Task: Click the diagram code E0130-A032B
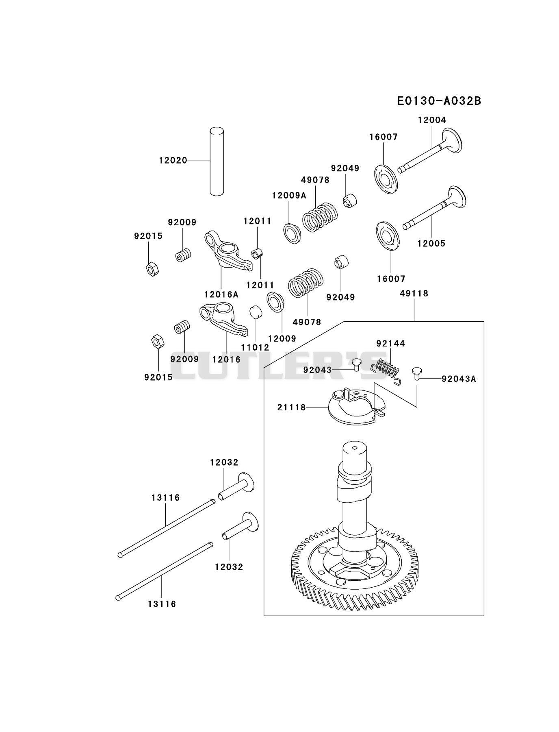click(x=439, y=101)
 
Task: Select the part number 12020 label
click(x=173, y=161)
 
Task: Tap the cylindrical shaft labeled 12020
click(x=217, y=161)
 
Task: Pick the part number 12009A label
click(x=289, y=196)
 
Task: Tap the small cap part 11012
click(x=255, y=312)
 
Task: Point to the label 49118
click(x=414, y=293)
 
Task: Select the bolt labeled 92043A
click(x=416, y=373)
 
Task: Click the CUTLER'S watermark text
click(x=279, y=366)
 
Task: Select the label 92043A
click(x=459, y=379)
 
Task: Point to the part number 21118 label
click(x=292, y=407)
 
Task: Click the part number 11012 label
click(x=255, y=348)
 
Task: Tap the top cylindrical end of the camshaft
click(x=355, y=456)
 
